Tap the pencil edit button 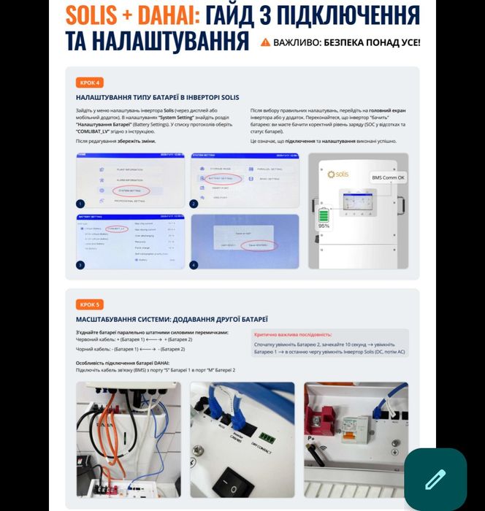coord(435,480)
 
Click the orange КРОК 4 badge coord(89,82)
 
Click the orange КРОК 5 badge coord(89,304)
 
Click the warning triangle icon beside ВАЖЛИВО coord(265,42)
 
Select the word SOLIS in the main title coord(100,15)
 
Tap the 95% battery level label coord(324,226)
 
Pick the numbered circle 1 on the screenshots coord(81,204)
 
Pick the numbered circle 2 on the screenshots coord(194,204)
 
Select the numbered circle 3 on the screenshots coord(81,264)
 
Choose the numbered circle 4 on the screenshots coord(194,264)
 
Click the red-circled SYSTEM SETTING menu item coord(132,191)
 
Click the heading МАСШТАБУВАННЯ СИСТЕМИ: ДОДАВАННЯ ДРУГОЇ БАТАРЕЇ coord(172,319)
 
